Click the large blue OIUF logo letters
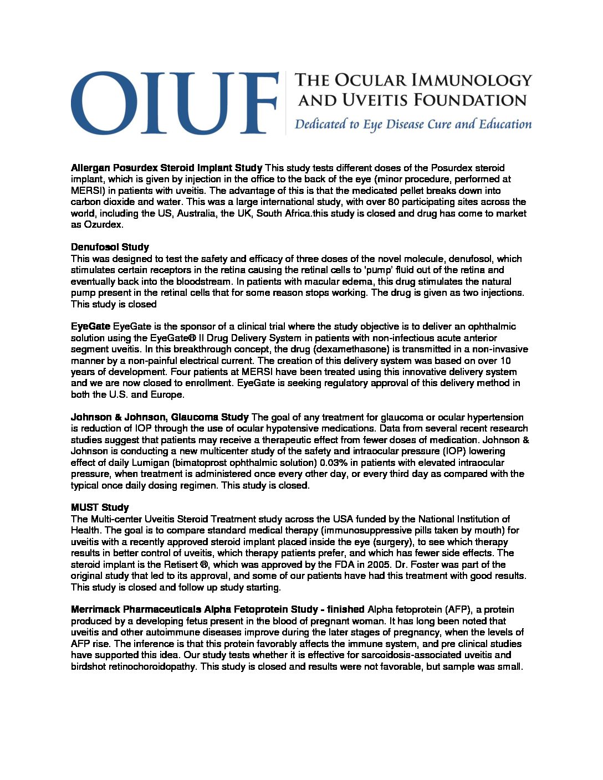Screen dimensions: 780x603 [x=173, y=102]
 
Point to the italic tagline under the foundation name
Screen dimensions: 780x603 [x=413, y=124]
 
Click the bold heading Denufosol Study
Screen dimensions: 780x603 [x=110, y=247]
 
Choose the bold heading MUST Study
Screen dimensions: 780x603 [x=100, y=507]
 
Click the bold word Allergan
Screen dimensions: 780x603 [x=90, y=168]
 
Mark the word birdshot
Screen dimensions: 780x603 [x=89, y=666]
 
